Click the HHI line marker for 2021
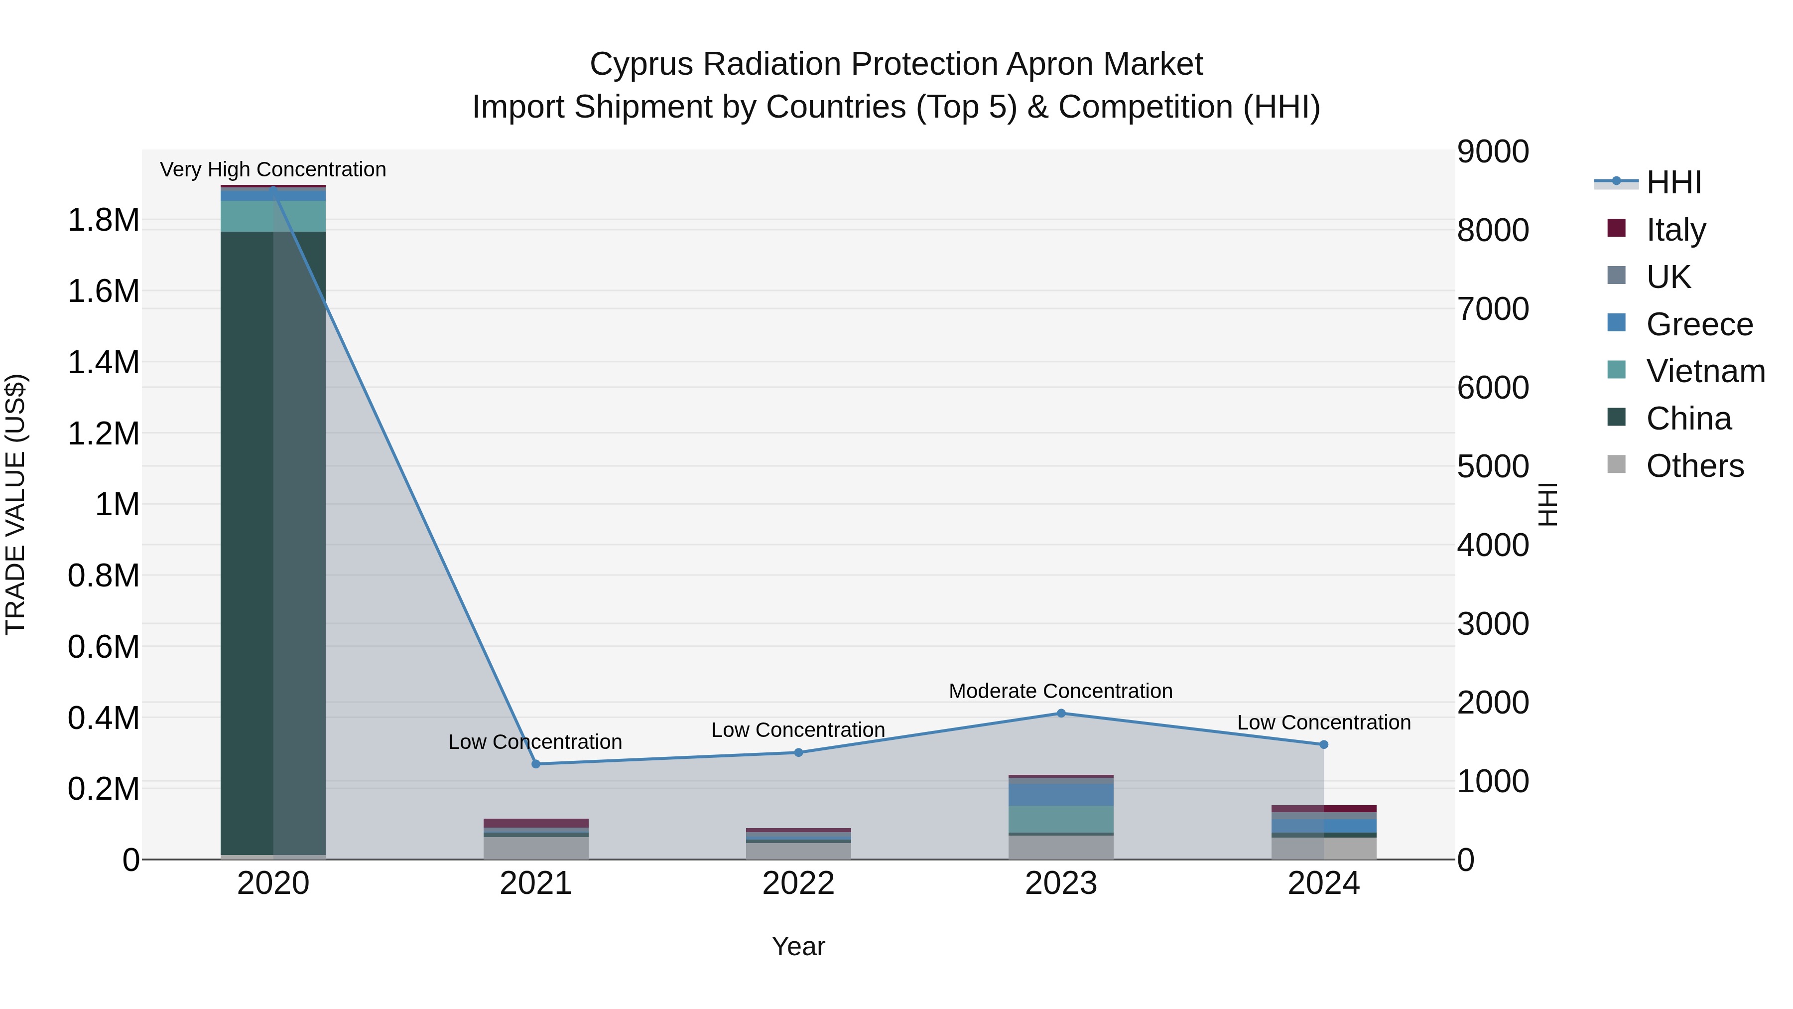tap(535, 764)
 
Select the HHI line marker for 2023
tap(1061, 713)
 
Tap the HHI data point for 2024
tap(1323, 744)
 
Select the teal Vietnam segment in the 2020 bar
tap(273, 216)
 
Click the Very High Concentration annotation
tap(273, 170)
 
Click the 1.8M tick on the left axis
tap(103, 221)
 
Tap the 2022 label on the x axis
tap(798, 883)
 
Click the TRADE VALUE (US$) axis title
tap(15, 504)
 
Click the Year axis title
tap(798, 946)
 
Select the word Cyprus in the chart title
tap(640, 65)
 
